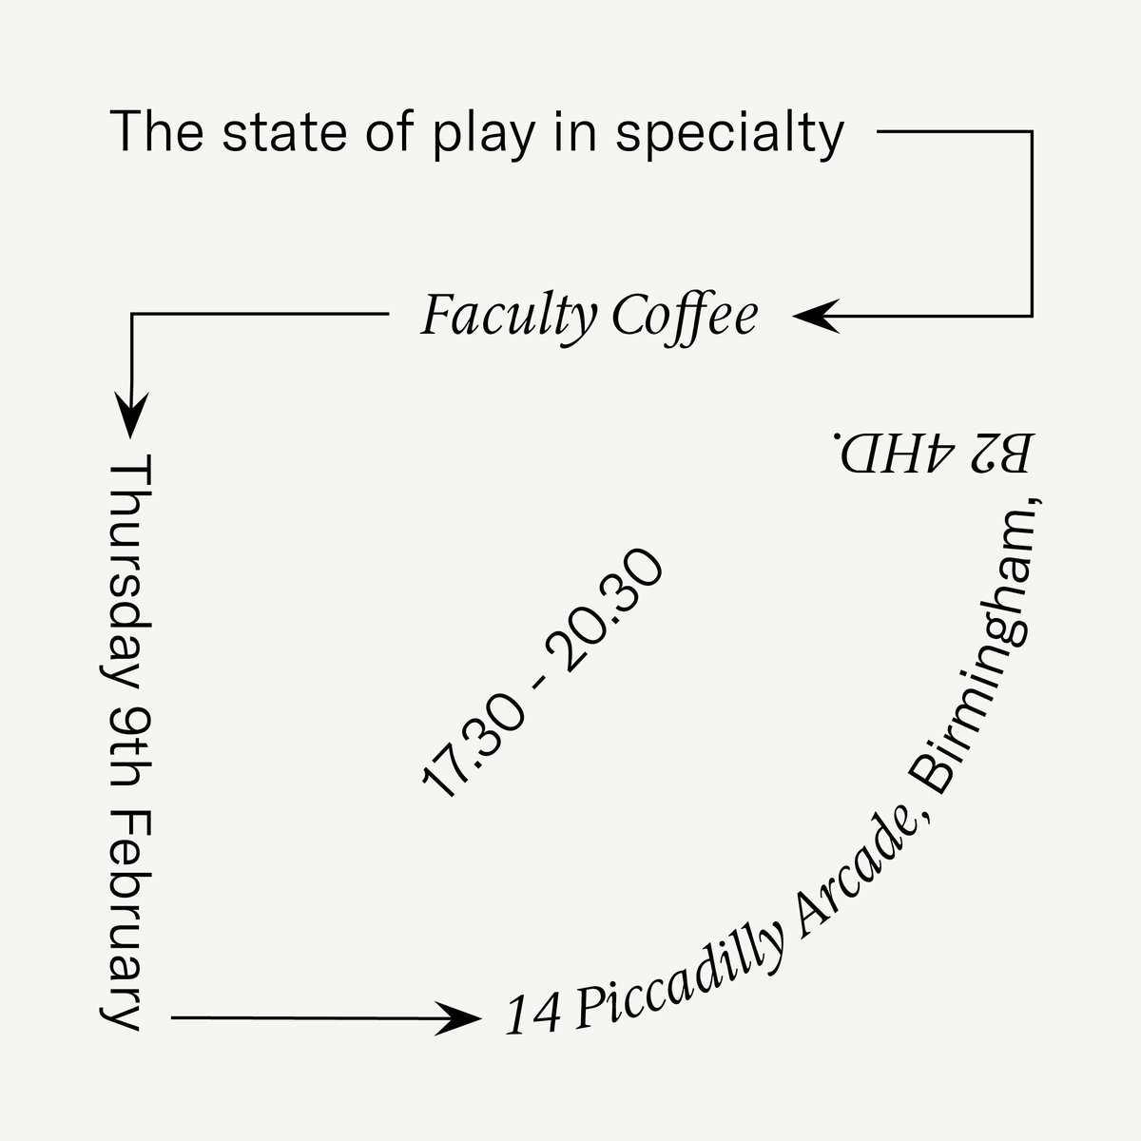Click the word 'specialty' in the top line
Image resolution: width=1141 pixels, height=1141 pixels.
tap(730, 135)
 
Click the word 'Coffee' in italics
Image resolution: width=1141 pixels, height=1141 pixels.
tap(685, 316)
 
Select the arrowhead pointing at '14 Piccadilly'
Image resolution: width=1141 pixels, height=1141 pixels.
tap(462, 1017)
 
